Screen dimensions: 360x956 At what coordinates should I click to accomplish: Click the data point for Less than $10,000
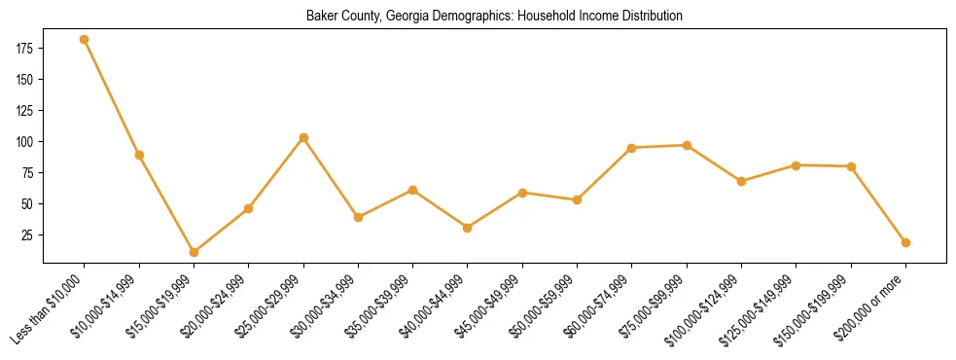tap(85, 40)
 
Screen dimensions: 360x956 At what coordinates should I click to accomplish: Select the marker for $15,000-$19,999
tap(194, 252)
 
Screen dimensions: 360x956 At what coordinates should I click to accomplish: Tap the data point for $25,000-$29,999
tap(303, 137)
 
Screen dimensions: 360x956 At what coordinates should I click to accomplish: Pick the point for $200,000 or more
tap(906, 242)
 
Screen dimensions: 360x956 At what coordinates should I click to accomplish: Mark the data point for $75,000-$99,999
tap(687, 145)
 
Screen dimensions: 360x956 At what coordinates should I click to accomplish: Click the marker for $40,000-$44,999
tap(468, 228)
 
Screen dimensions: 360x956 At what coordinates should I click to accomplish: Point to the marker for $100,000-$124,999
tap(742, 181)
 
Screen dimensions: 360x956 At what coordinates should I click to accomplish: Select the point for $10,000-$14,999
tap(139, 155)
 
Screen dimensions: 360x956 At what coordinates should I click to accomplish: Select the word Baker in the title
tap(321, 17)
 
